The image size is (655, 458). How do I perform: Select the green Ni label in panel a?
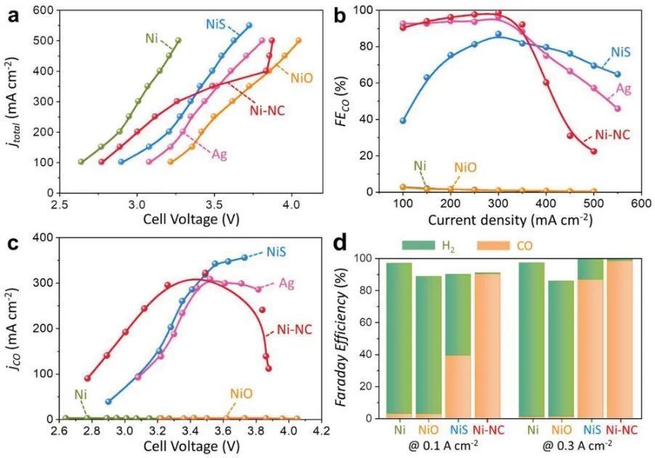pos(152,38)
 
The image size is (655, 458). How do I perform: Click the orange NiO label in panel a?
pos(301,78)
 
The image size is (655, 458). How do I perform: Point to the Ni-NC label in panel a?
pos(267,110)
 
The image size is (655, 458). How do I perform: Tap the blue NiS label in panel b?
pos(620,52)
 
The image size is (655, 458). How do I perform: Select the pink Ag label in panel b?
pos(624,89)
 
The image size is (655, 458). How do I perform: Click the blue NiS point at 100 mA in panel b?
pos(403,121)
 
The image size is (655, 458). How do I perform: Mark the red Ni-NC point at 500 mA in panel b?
pos(593,151)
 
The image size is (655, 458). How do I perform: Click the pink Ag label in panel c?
pos(286,284)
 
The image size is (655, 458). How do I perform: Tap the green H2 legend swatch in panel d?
pos(418,245)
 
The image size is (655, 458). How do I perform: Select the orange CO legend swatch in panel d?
pos(493,245)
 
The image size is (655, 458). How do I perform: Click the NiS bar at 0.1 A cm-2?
pos(459,345)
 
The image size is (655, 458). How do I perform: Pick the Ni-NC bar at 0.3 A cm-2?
pos(619,338)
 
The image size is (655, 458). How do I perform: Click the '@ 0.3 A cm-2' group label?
pos(577,446)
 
